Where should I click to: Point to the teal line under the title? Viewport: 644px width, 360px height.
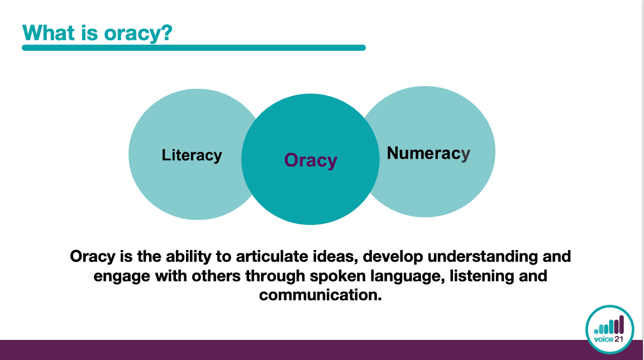[x=194, y=47]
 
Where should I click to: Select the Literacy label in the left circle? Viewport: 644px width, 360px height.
[x=192, y=155]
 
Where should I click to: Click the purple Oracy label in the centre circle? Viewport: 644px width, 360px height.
[x=311, y=160]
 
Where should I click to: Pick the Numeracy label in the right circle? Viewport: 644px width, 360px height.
[x=428, y=153]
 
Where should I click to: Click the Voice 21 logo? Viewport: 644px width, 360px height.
[x=609, y=329]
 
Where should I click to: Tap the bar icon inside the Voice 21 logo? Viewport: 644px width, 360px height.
[x=609, y=325]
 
